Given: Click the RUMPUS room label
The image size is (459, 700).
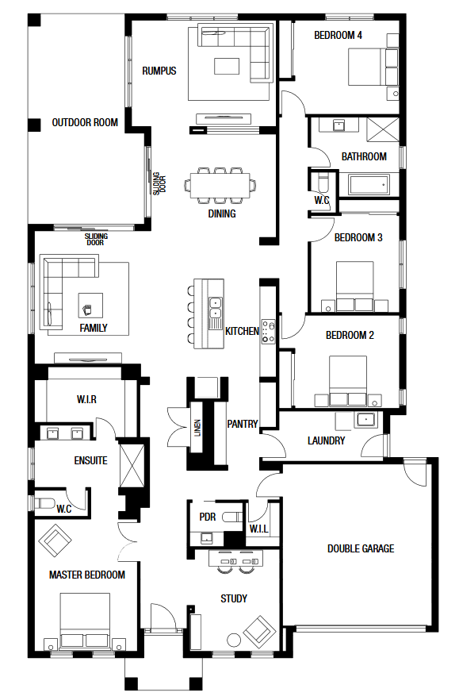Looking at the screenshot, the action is point(159,71).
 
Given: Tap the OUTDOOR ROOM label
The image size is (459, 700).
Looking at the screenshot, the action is point(85,122).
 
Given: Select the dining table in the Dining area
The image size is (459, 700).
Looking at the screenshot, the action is point(220,185).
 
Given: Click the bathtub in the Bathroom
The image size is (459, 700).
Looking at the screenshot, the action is point(369,185).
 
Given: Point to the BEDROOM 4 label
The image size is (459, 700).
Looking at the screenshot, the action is point(339,35).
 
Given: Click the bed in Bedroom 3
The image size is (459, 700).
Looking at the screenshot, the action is point(355,286).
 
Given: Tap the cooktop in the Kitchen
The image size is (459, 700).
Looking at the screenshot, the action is point(268,331).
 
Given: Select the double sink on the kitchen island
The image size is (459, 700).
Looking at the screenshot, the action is point(216,308).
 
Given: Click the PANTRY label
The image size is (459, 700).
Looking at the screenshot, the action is point(243,424).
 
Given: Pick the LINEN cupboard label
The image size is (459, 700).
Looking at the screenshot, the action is point(197,428).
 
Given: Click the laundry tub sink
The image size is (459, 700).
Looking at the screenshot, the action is point(366,420).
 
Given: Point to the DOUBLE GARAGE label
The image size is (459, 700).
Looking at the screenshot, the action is point(361,548).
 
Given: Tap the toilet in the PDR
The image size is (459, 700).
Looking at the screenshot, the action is point(232,517).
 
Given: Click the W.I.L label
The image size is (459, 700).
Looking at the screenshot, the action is point(258,529).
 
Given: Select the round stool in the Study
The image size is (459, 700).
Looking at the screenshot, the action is point(233,640).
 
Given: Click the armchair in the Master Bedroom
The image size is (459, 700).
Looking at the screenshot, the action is point(55,540).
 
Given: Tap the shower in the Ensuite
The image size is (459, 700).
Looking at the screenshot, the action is point(132,466).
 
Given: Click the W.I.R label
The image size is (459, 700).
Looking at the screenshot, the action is point(86,399).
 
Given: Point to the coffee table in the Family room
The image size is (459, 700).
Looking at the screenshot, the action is point(90,305).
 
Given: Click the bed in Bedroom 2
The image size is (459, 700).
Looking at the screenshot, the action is point(348,381).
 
